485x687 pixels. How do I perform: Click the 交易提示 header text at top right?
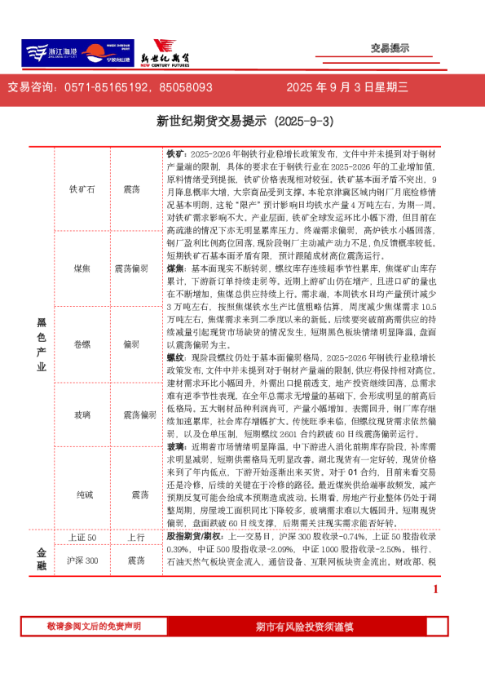click(x=390, y=48)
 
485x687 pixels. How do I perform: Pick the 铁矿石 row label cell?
click(x=83, y=188)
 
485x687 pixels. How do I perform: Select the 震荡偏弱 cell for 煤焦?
click(x=131, y=268)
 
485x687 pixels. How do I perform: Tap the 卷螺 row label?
click(x=83, y=343)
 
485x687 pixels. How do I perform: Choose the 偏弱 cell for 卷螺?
click(x=131, y=343)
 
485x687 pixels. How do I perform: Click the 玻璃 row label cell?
click(x=83, y=415)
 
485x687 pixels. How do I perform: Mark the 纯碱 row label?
click(x=83, y=494)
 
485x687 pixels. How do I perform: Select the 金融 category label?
click(x=42, y=559)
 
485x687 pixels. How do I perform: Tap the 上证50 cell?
click(x=83, y=539)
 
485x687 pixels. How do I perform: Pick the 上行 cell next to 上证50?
click(x=135, y=539)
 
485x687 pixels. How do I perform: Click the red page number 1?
click(x=435, y=589)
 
